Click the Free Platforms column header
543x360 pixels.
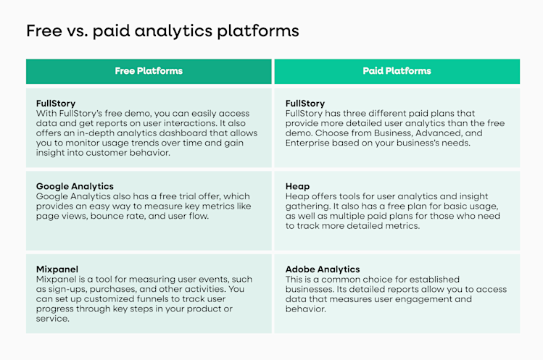(x=149, y=71)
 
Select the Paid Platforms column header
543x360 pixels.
(x=397, y=71)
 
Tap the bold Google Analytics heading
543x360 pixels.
(x=75, y=186)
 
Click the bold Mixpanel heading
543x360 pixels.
(x=57, y=269)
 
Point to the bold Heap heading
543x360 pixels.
(x=297, y=186)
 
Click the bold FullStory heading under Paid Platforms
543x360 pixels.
(x=305, y=104)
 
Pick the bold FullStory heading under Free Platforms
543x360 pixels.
(x=56, y=104)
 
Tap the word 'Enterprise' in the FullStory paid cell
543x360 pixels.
(x=310, y=143)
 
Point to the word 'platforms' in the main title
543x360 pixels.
(x=258, y=31)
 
